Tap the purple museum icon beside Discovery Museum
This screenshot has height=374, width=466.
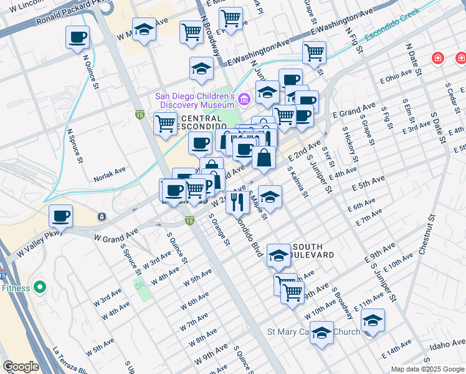click(x=243, y=98)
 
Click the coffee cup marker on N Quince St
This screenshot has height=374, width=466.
click(x=77, y=37)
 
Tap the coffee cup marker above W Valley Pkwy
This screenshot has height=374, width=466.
click(x=60, y=216)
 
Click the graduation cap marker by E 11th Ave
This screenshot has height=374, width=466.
click(x=373, y=320)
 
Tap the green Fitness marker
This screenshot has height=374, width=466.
click(x=40, y=287)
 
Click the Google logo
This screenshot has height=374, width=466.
click(x=20, y=367)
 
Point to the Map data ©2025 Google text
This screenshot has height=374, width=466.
click(x=427, y=369)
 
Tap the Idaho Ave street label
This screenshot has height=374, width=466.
click(x=446, y=343)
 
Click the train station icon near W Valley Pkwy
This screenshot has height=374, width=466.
click(x=101, y=217)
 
